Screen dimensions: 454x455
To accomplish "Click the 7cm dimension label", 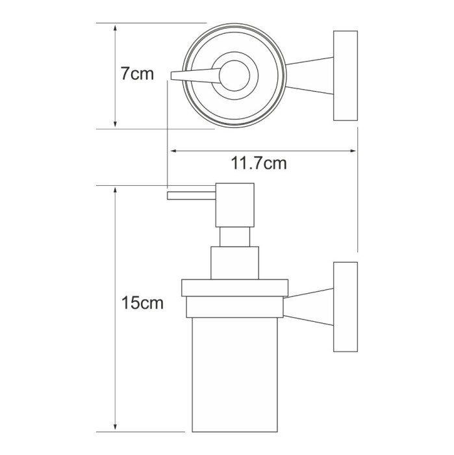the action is [137, 73].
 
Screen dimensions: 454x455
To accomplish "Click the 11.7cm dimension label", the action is [259, 163].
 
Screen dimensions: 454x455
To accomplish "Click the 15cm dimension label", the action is [142, 303].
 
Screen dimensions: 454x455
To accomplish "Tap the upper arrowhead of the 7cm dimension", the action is [116, 28].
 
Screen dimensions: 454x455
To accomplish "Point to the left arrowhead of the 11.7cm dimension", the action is [174, 151].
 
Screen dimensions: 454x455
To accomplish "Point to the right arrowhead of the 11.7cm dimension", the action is [352, 151].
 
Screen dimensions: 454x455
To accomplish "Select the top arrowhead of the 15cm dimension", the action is [116, 190].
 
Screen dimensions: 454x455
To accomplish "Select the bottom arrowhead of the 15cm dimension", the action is [116, 427].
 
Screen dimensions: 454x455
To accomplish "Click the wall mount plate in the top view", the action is [346, 75].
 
